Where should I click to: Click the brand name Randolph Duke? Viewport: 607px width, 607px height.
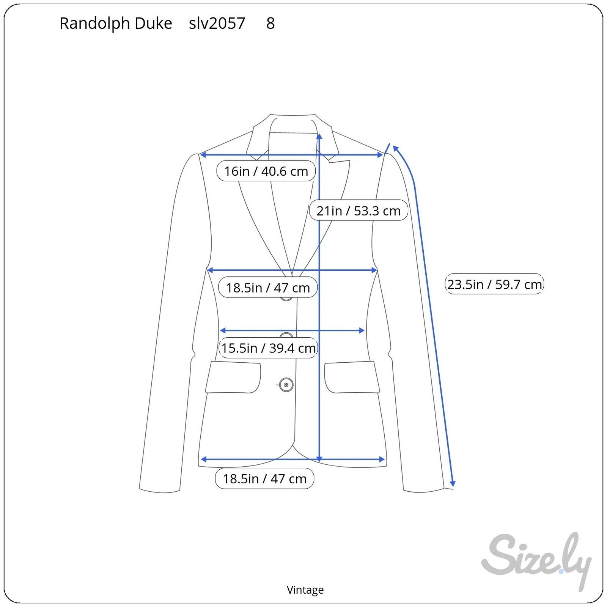pyautogui.click(x=116, y=24)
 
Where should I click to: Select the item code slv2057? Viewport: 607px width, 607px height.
pyautogui.click(x=217, y=24)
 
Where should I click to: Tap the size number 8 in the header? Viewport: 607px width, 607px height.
pyautogui.click(x=270, y=24)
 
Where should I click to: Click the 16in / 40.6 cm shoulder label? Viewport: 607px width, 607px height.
pyautogui.click(x=266, y=171)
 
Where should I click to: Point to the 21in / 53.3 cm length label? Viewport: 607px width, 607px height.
pyautogui.click(x=359, y=211)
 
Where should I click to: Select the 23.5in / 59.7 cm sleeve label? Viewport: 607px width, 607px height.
pyautogui.click(x=494, y=284)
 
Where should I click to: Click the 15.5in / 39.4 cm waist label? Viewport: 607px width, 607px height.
pyautogui.click(x=268, y=348)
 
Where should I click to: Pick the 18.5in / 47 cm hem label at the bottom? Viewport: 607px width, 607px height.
pyautogui.click(x=264, y=479)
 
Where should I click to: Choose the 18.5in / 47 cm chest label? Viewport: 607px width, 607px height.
pyautogui.click(x=268, y=288)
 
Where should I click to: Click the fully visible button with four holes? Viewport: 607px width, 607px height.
pyautogui.click(x=286, y=385)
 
